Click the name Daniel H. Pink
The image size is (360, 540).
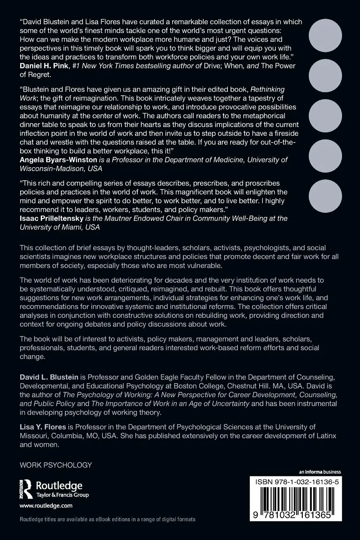pyautogui.click(x=44, y=66)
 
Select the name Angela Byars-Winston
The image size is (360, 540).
pyautogui.click(x=58, y=160)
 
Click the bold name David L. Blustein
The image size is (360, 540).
pyautogui.click(x=49, y=377)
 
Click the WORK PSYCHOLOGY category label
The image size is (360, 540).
pyautogui.click(x=56, y=465)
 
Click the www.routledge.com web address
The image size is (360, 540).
pyautogui.click(x=46, y=506)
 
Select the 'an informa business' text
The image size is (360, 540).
pyautogui.click(x=320, y=472)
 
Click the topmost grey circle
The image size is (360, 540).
pyautogui.click(x=325, y=35)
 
